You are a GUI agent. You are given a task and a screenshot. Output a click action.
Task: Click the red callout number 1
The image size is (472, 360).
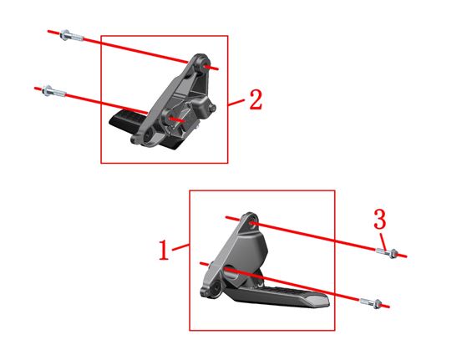pyautogui.click(x=164, y=250)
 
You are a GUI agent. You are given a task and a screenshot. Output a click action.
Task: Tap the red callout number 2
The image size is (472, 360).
pyautogui.click(x=256, y=99)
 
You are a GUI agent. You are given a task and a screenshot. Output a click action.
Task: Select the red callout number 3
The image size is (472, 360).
pyautogui.click(x=379, y=219)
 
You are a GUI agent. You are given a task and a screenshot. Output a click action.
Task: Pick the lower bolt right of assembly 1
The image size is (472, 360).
pyautogui.click(x=371, y=302)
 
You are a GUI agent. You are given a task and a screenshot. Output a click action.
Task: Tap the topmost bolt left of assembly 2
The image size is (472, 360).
pyautogui.click(x=72, y=36)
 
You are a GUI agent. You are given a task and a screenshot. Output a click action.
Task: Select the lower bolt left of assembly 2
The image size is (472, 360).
pyautogui.click(x=54, y=91)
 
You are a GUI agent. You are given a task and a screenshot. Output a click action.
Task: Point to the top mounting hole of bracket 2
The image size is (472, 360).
pyautogui.click(x=206, y=65)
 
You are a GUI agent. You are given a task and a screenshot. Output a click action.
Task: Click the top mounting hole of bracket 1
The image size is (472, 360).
pyautogui.click(x=252, y=223)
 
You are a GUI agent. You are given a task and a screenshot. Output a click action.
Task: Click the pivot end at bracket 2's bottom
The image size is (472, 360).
pyautogui.click(x=144, y=139)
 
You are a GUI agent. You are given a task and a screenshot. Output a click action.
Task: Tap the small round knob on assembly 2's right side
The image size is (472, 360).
pyautogui.click(x=213, y=108)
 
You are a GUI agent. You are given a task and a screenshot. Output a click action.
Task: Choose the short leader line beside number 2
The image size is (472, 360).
pyautogui.click(x=236, y=103)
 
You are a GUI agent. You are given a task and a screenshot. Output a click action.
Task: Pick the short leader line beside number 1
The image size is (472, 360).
pyautogui.click(x=181, y=246)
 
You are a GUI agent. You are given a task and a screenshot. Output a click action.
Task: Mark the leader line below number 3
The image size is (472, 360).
pyautogui.click(x=383, y=241)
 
